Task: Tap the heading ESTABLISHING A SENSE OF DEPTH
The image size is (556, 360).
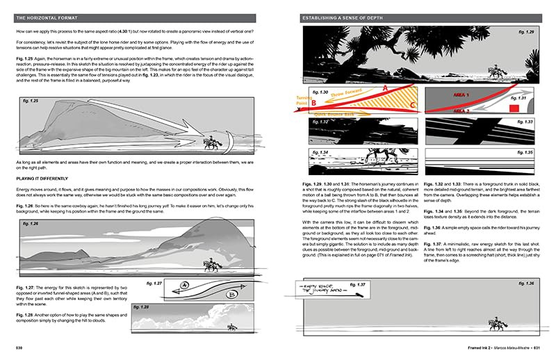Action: click(x=340, y=16)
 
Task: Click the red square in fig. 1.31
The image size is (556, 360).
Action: click(x=514, y=109)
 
